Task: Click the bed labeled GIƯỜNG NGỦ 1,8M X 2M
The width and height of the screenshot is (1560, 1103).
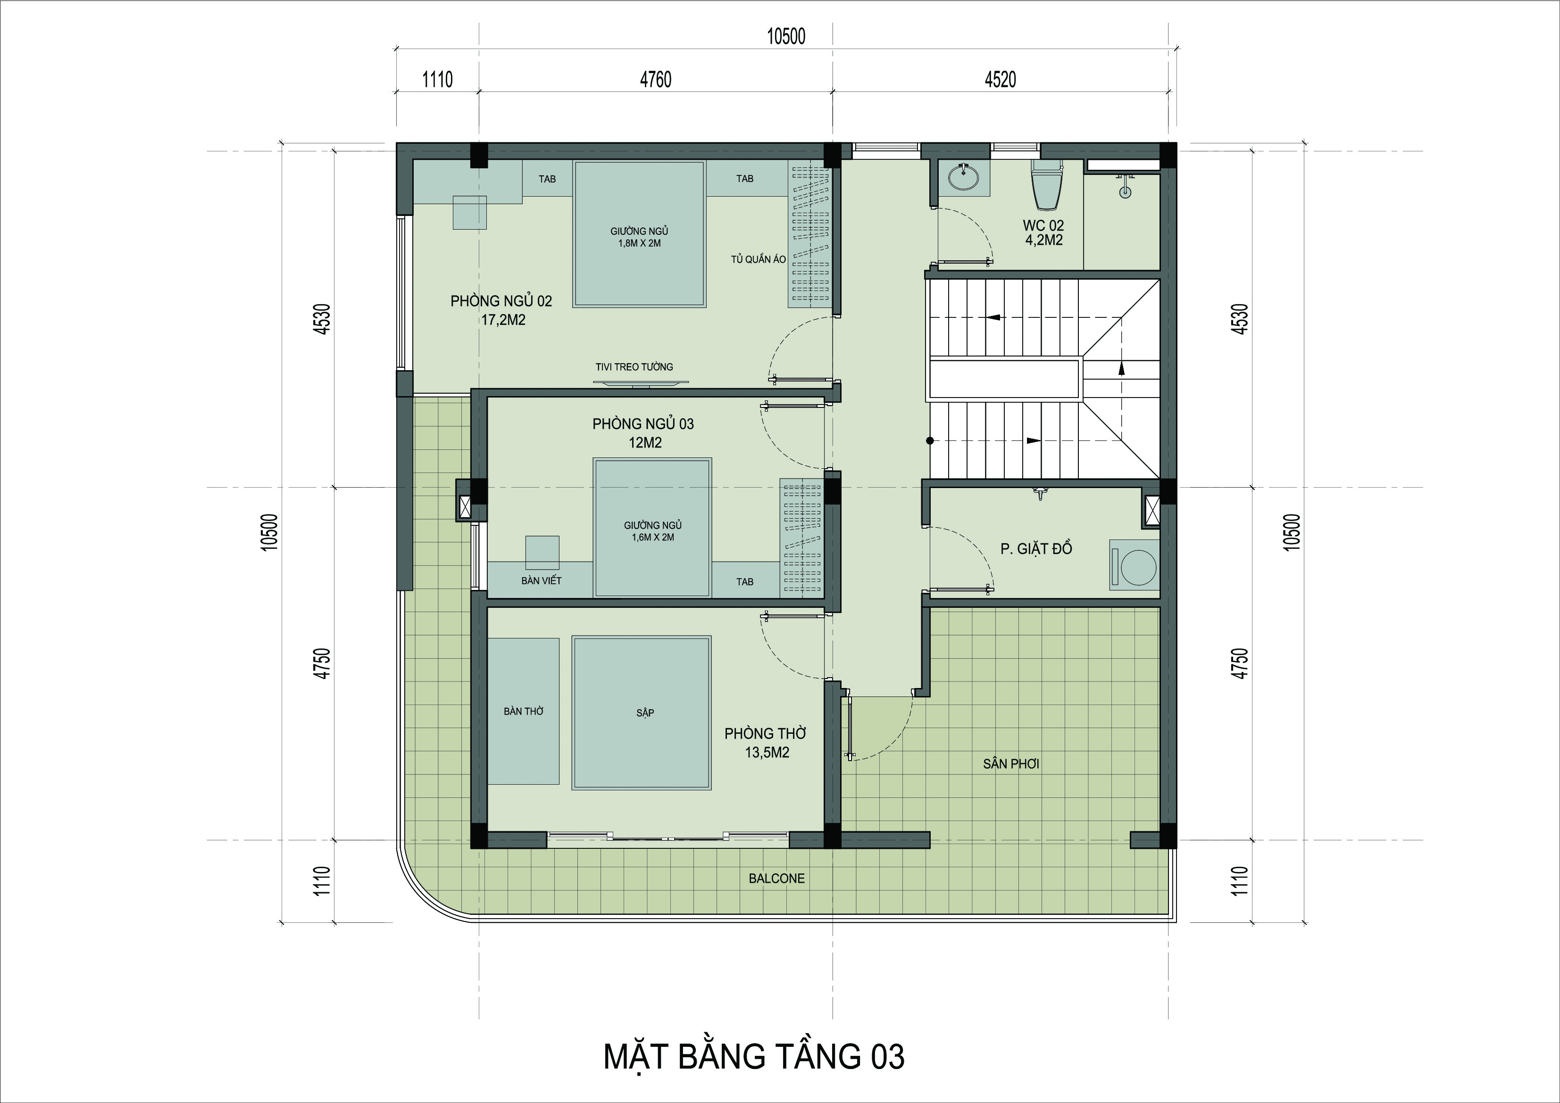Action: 639,233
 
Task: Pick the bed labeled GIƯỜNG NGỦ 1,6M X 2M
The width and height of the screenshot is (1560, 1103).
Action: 652,528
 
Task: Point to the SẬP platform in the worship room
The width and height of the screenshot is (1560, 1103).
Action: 642,713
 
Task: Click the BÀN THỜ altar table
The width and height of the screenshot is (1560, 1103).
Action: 523,711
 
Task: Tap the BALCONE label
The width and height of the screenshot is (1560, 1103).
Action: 776,878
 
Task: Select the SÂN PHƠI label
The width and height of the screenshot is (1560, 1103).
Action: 1011,763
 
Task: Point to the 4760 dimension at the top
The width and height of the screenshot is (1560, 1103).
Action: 656,80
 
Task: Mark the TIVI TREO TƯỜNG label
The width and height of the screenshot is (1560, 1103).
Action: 634,367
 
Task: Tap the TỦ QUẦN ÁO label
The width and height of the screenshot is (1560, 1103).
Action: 758,259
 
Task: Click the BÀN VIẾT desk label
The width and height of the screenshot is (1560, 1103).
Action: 542,581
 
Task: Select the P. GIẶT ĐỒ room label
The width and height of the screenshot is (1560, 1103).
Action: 1036,548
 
